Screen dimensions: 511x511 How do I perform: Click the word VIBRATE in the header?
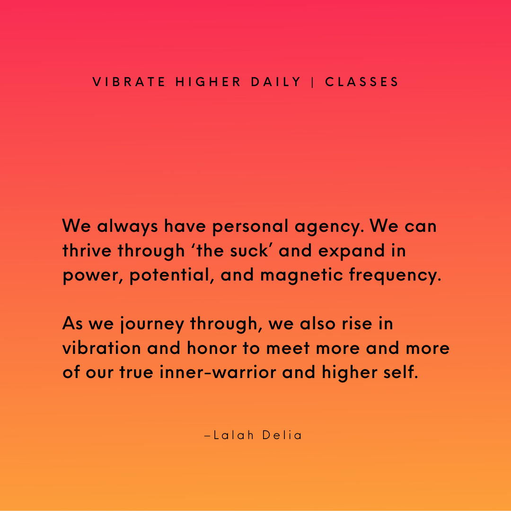129,82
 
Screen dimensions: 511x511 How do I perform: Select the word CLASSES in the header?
362,82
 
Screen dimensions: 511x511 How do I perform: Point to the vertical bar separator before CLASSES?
313,82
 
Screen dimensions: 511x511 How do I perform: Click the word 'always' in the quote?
128,227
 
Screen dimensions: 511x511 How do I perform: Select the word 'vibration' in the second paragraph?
102,348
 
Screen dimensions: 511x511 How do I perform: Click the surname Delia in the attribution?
283,435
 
